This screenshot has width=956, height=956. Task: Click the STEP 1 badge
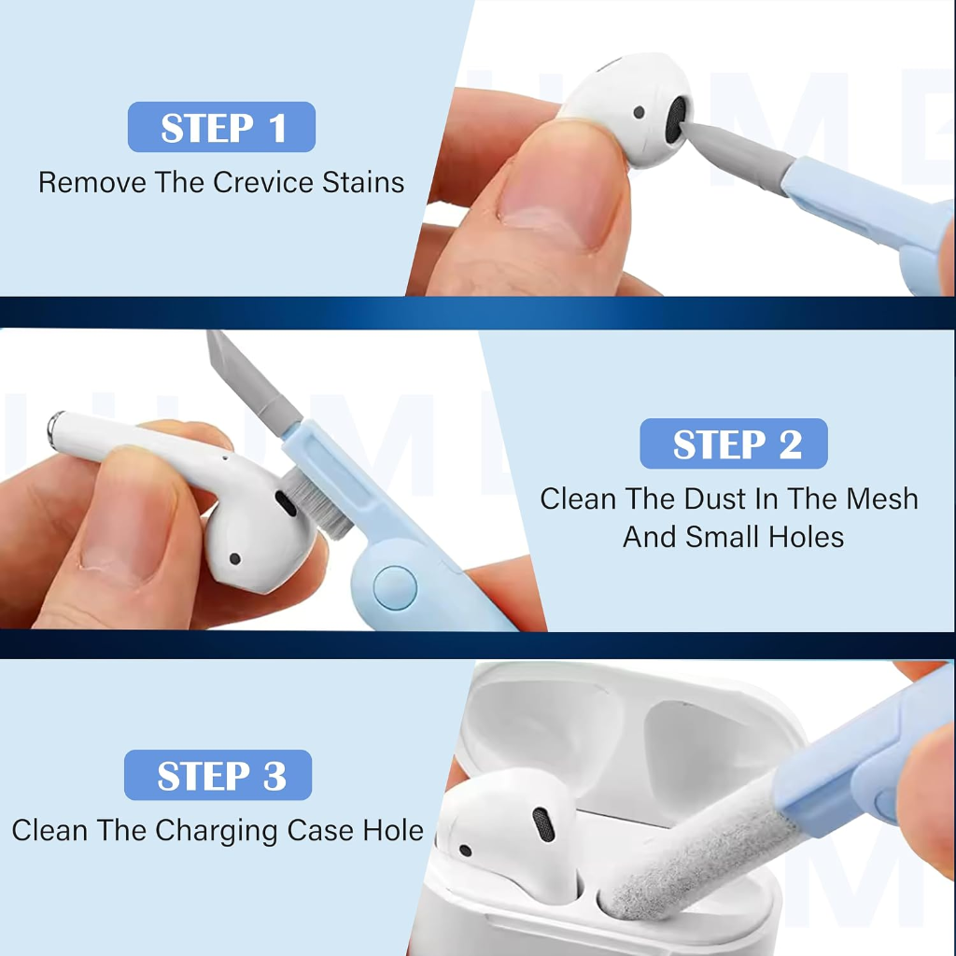click(x=221, y=127)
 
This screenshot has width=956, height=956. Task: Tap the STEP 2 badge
click(x=734, y=443)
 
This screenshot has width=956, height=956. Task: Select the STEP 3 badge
click(x=218, y=775)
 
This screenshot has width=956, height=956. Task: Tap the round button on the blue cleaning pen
click(x=395, y=588)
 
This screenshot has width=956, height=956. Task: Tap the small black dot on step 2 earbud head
click(x=234, y=558)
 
